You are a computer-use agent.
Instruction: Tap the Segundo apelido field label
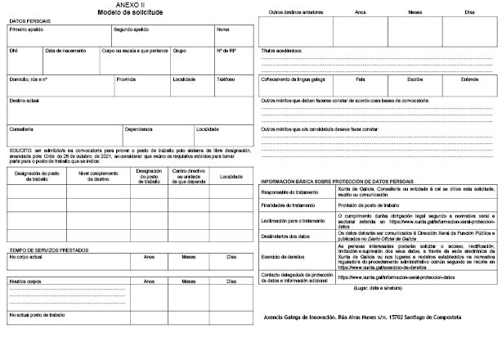[x=132, y=29]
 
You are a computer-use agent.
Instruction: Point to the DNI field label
[x=13, y=51]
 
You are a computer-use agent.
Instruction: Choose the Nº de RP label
[x=226, y=51]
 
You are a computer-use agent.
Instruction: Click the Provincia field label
[x=126, y=79]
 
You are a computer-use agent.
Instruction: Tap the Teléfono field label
[x=226, y=79]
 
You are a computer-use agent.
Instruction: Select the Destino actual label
[x=25, y=101]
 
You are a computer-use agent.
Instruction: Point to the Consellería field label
[x=21, y=129]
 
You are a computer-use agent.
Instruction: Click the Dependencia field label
[x=140, y=129]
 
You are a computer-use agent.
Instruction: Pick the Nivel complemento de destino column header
[x=95, y=176]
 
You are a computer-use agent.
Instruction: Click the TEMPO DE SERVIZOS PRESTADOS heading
[x=47, y=250]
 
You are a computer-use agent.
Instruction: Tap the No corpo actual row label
[x=27, y=257]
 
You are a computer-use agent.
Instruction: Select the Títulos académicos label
[x=282, y=51]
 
